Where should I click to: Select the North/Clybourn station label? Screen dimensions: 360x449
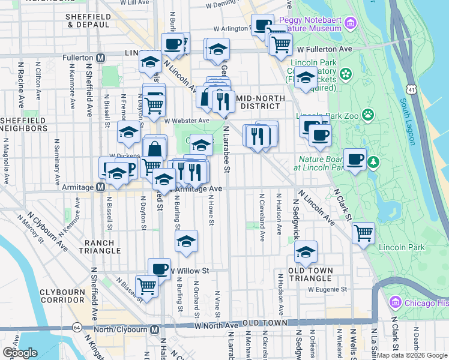tap(124, 329)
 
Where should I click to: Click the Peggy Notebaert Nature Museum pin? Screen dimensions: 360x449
tap(351, 23)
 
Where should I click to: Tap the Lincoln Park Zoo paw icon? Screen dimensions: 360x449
tap(367, 114)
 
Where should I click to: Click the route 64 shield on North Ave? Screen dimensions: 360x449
tap(77, 328)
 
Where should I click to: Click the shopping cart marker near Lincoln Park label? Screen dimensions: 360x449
tap(363, 233)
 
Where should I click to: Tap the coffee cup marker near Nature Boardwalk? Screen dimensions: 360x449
tap(355, 159)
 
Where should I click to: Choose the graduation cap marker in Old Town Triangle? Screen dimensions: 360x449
tap(306, 252)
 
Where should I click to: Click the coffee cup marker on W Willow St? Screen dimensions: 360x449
tap(159, 268)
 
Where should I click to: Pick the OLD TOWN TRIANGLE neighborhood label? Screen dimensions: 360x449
tap(310, 271)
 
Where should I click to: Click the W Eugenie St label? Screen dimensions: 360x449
tap(327, 289)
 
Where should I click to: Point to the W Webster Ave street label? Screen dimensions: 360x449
tap(186, 120)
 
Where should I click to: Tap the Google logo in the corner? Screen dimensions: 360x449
tap(20, 353)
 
